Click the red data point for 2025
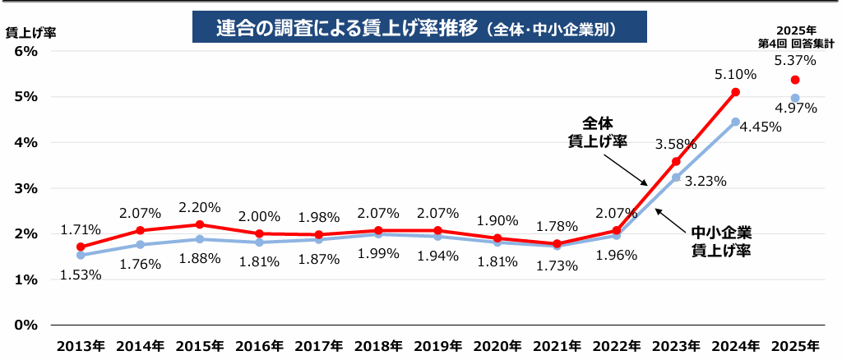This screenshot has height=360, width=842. pyautogui.click(x=795, y=80)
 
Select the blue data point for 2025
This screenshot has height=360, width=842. pyautogui.click(x=795, y=98)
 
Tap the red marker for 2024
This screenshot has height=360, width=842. pyautogui.click(x=735, y=92)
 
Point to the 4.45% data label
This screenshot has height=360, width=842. pyautogui.click(x=761, y=127)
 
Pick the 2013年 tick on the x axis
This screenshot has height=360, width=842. pyautogui.click(x=81, y=344)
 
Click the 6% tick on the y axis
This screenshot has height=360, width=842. pyautogui.click(x=27, y=51)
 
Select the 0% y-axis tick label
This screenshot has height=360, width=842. pyautogui.click(x=27, y=325)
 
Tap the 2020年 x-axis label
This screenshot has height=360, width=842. pyautogui.click(x=497, y=344)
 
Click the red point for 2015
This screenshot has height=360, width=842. pyautogui.click(x=200, y=224)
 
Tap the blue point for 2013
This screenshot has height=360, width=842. pyautogui.click(x=81, y=255)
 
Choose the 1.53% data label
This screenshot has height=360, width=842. pyautogui.click(x=81, y=275)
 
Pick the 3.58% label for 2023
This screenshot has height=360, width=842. pyautogui.click(x=676, y=144)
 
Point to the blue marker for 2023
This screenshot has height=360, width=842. pyautogui.click(x=676, y=178)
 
